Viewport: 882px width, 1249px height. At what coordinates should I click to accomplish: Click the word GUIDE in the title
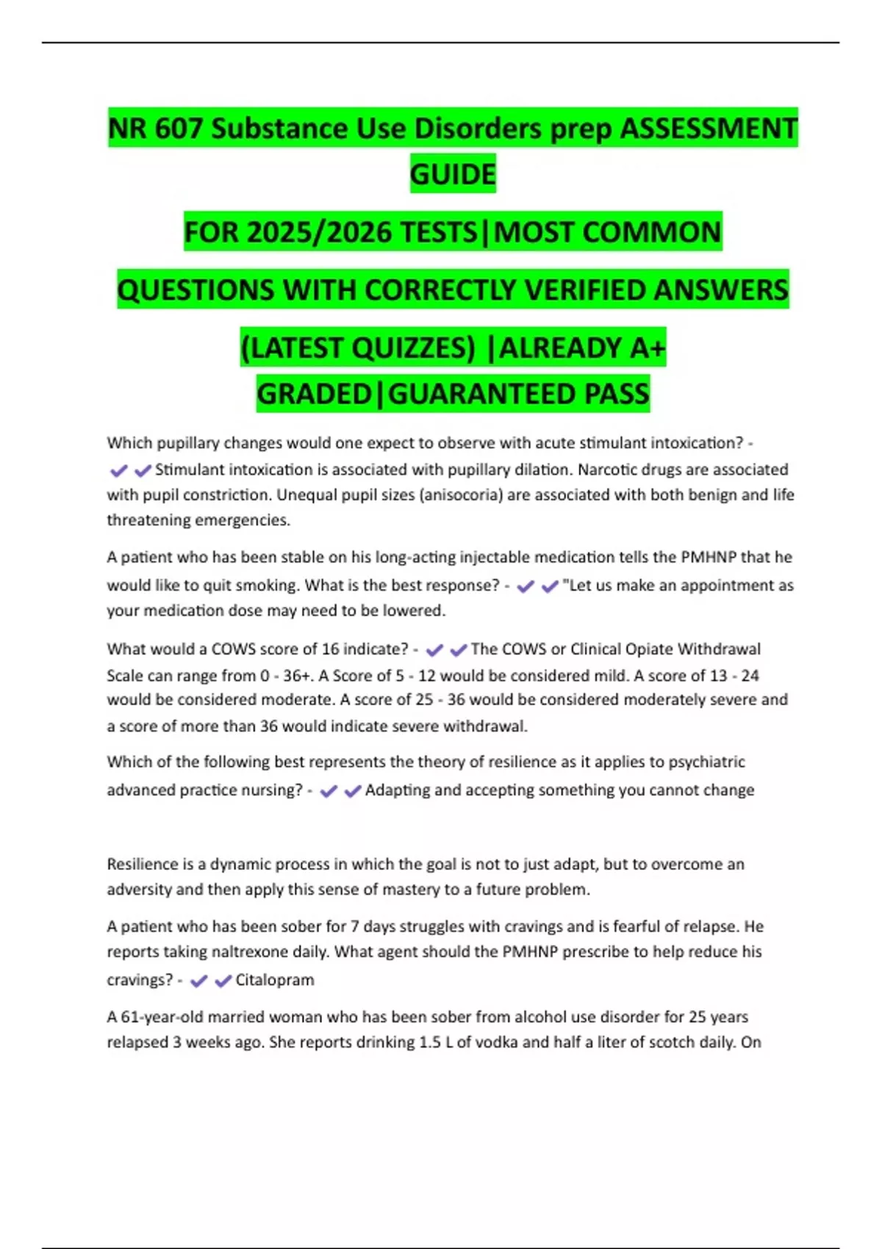point(453,174)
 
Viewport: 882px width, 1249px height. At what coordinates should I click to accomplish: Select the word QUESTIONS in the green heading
point(196,289)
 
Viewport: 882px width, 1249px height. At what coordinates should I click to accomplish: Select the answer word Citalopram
point(274,980)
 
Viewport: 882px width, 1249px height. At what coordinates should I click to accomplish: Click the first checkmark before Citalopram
point(198,981)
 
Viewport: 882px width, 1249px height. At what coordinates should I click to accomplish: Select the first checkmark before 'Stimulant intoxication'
point(118,470)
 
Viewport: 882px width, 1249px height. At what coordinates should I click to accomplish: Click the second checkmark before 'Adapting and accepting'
point(353,791)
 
